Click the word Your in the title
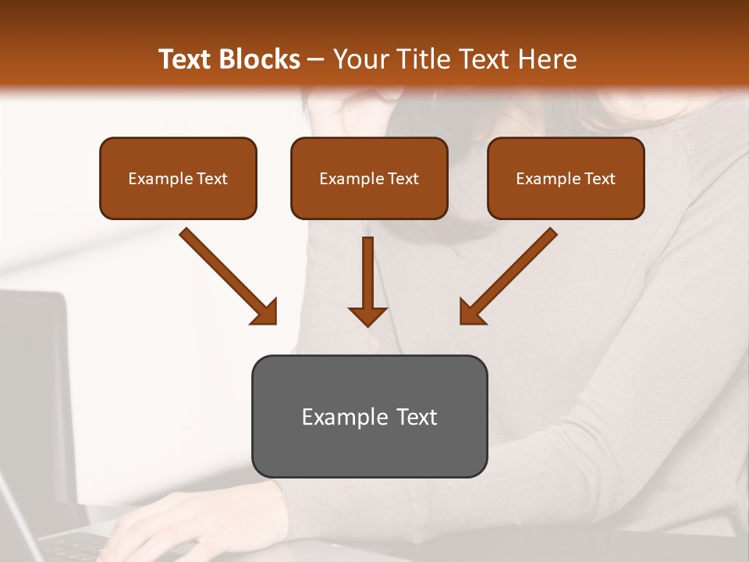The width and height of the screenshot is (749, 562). (357, 59)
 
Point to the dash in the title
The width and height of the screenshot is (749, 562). (317, 60)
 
